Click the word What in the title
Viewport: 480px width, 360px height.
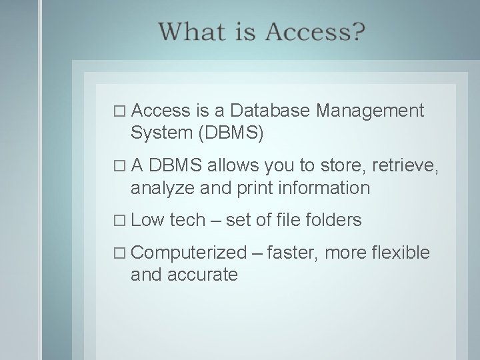coord(192,31)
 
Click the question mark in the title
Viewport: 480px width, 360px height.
coord(357,31)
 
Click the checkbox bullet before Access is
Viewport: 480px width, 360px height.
coord(120,111)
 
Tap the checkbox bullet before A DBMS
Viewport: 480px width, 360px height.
coord(120,166)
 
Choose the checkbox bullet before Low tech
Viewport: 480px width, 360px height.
coord(120,221)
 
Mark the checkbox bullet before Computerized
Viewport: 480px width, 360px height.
coord(120,253)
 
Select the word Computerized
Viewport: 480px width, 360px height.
coord(189,253)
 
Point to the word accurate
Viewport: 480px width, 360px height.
coord(203,275)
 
